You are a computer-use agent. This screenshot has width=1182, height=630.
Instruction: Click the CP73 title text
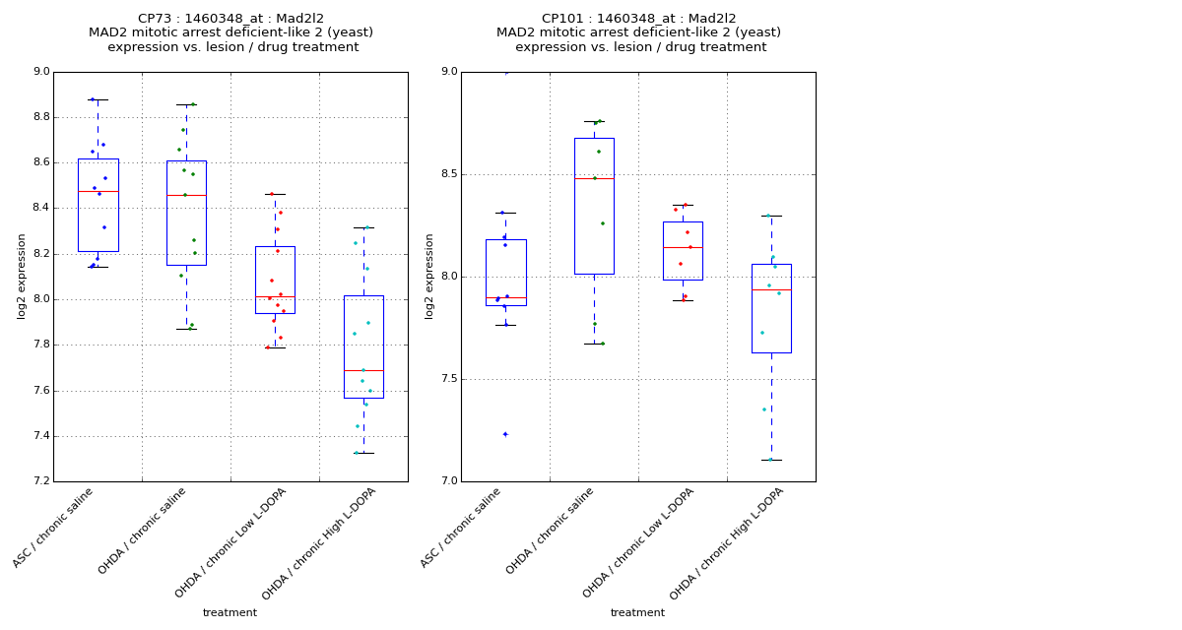tap(230, 19)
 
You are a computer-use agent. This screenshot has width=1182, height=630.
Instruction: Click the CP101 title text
tap(638, 19)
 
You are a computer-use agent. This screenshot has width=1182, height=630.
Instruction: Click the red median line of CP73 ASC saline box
tap(98, 191)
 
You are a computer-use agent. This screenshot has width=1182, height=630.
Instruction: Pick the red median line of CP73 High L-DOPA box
tap(363, 370)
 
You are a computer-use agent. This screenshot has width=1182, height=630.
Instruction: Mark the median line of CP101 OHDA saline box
tap(594, 178)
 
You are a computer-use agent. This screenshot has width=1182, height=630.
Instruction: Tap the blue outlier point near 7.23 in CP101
tap(505, 434)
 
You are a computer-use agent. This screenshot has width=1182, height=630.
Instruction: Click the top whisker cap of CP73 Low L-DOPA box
tap(275, 194)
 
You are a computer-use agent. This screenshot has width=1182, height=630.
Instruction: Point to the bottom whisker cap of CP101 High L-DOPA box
tap(771, 460)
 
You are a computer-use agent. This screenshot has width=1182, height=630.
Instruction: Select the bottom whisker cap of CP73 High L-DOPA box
tap(363, 453)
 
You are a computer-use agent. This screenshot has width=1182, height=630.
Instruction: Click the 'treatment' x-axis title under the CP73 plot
tap(230, 613)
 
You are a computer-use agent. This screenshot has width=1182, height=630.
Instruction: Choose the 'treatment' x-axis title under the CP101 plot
tap(637, 613)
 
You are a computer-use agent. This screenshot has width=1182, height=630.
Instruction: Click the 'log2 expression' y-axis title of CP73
tap(22, 276)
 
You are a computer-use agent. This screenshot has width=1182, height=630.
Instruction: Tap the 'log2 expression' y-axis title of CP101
tap(429, 276)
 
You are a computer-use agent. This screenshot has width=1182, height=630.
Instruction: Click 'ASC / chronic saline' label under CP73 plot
tap(54, 527)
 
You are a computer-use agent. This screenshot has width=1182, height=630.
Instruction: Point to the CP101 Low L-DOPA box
tap(683, 251)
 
